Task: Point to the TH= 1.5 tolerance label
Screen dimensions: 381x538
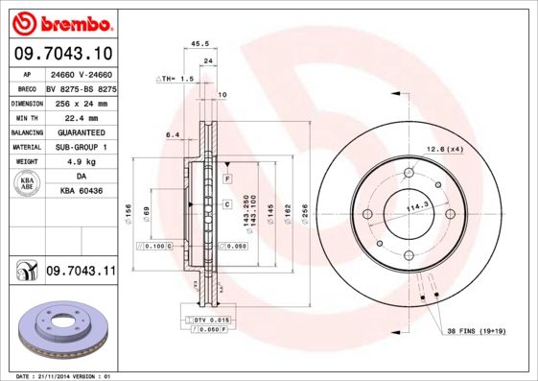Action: tap(176, 79)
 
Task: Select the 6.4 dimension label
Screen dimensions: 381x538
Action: tap(173, 135)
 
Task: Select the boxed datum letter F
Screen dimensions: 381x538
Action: tap(227, 179)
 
